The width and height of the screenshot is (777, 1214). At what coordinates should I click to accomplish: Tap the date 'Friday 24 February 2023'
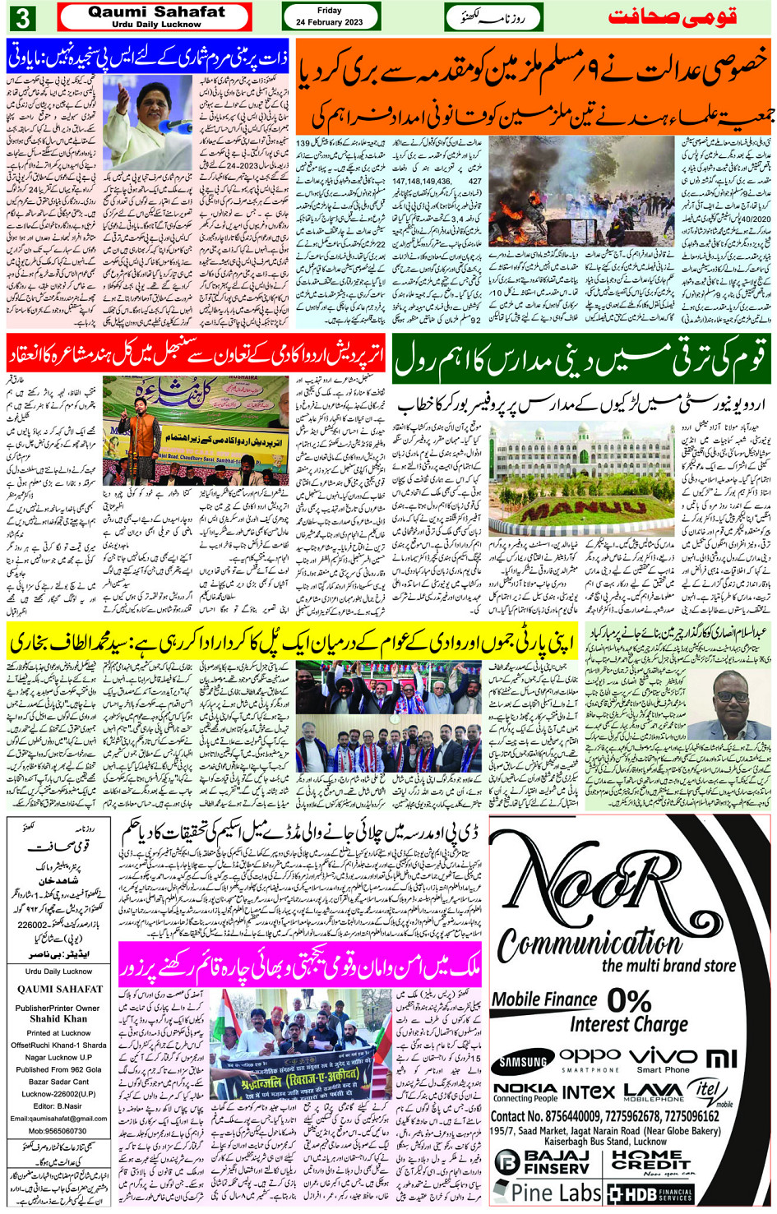[330, 16]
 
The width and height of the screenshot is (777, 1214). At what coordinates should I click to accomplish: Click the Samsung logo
[524, 1062]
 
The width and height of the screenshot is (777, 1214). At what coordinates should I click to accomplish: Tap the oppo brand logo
[590, 1056]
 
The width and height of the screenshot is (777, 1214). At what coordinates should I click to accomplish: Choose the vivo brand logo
[662, 1055]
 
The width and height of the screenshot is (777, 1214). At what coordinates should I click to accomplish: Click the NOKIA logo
[525, 1092]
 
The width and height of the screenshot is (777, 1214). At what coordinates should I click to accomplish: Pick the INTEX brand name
[589, 1092]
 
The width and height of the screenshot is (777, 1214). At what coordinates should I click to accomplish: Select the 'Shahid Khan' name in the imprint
[58, 1018]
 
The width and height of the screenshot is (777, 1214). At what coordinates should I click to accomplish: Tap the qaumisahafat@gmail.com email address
[58, 1119]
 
